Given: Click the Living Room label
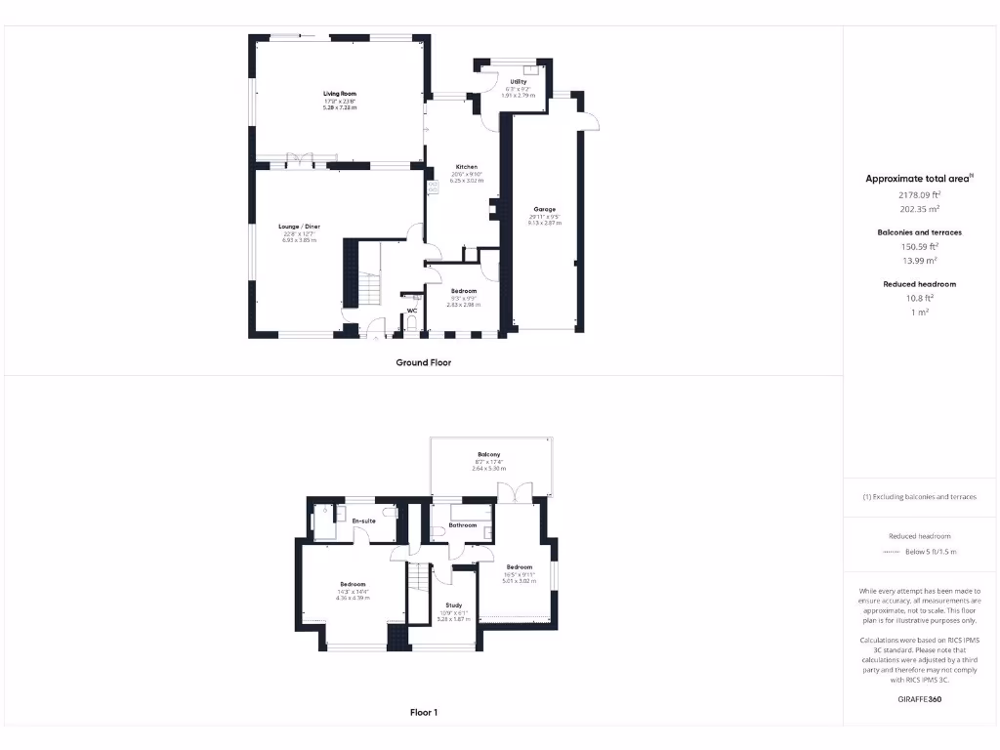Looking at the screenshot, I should click(340, 95).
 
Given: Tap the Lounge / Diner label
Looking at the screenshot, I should click(300, 227).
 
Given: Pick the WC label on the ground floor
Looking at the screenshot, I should click(412, 312).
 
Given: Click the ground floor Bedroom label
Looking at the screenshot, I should click(464, 291).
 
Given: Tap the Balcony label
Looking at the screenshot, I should click(489, 455).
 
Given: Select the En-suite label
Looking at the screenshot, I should click(364, 521).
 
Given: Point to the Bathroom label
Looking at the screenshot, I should click(463, 525).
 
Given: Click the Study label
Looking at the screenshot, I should click(453, 605).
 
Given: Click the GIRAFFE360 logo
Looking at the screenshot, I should click(919, 699).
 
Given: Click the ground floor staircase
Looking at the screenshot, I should click(367, 287).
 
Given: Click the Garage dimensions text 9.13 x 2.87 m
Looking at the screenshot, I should click(544, 223).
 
